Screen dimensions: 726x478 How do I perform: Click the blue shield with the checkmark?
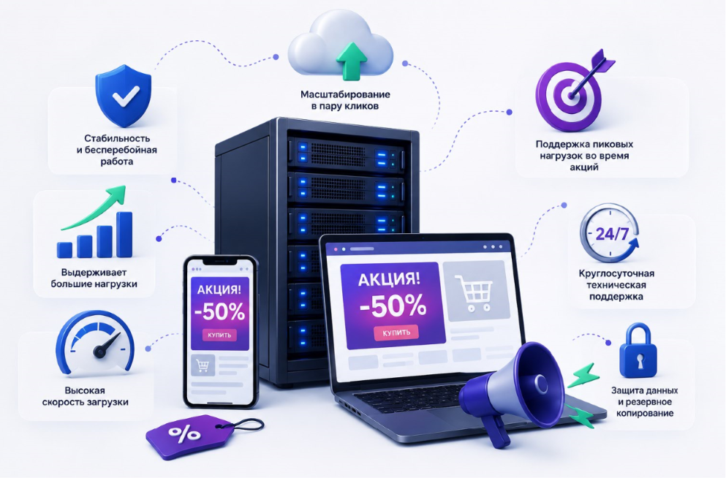pyautogui.click(x=123, y=96)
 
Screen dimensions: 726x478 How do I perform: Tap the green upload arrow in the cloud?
pyautogui.click(x=352, y=61)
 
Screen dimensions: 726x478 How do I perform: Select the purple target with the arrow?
pyautogui.click(x=572, y=93)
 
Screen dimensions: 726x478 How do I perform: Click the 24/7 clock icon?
pyautogui.click(x=610, y=234)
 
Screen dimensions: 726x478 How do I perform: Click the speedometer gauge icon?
pyautogui.click(x=95, y=342)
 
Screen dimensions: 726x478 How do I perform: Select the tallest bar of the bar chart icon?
pyautogui.click(x=124, y=235)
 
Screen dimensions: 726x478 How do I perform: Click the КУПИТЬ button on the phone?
pyautogui.click(x=219, y=335)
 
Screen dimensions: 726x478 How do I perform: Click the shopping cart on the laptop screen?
pyautogui.click(x=474, y=291)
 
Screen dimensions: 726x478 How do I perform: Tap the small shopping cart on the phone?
pyautogui.click(x=203, y=365)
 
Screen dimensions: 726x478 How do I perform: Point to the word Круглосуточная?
pyautogui.click(x=616, y=273)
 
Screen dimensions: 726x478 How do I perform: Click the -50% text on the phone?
pyautogui.click(x=219, y=311)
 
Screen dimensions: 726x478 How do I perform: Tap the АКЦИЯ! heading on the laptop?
pyautogui.click(x=390, y=279)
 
